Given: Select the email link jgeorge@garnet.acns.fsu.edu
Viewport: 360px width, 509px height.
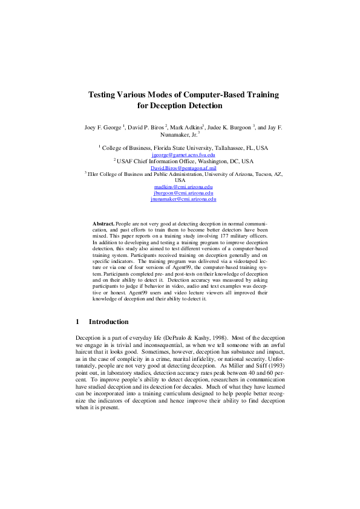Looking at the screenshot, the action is pyautogui.click(x=180, y=155).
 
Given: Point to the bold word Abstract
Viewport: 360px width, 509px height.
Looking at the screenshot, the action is pyautogui.click(x=103, y=224).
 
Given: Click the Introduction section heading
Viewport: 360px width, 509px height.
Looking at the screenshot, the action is pyautogui.click(x=108, y=322).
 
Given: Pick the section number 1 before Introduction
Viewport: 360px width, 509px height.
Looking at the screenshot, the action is pyautogui.click(x=77, y=322).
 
